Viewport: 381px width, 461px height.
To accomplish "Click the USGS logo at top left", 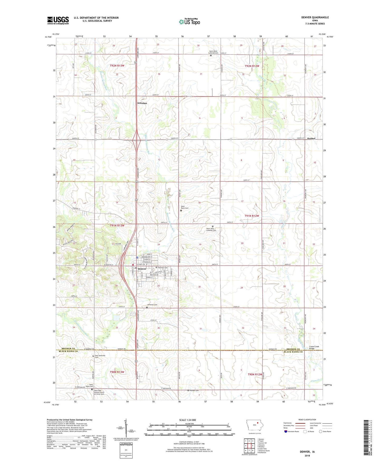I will (58, 20).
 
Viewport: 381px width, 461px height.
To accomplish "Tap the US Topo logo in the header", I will (189, 22).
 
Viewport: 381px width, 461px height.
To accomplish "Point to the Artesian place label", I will (142, 103).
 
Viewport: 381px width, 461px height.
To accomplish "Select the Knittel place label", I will (311, 139).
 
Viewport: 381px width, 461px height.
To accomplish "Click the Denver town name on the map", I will (142, 269).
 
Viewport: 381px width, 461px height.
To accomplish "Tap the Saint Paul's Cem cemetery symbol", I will (181, 211).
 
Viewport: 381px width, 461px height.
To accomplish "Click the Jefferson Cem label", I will (152, 305).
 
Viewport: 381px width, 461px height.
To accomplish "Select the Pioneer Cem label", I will (195, 391).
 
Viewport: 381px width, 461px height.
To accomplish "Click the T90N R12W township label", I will (255, 374).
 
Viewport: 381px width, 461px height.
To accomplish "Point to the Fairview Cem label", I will (163, 267).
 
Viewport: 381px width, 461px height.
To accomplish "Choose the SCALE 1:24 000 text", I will (187, 420).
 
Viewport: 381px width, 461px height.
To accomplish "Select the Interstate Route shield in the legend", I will (286, 431).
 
